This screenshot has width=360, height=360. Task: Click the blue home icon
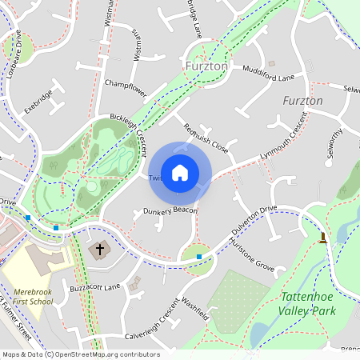pyautogui.click(x=180, y=172)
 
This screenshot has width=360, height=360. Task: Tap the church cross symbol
pyautogui.click(x=100, y=250)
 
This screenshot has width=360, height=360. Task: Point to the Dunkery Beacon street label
pyautogui.click(x=170, y=210)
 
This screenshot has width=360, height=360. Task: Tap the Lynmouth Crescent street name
pyautogui.click(x=284, y=138)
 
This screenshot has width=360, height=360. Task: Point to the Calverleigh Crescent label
pyautogui.click(x=152, y=318)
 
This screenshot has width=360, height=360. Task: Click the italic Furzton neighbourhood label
pyautogui.click(x=303, y=101)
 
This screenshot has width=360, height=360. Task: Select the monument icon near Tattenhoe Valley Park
pyautogui.click(x=323, y=238)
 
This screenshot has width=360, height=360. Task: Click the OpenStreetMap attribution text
pyautogui.click(x=80, y=354)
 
